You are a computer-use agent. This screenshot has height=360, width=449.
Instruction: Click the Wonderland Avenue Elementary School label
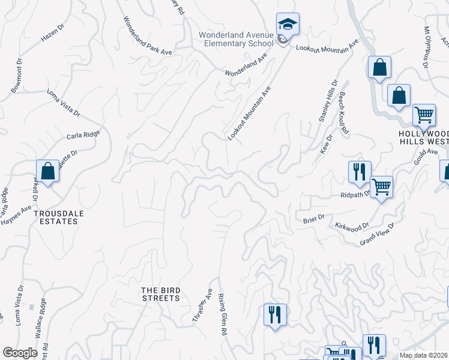pyautogui.click(x=237, y=39)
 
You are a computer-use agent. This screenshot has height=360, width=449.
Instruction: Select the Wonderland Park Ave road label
pyautogui.click(x=148, y=36)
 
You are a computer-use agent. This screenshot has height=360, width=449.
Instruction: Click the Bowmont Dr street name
pyautogui.click(x=16, y=76)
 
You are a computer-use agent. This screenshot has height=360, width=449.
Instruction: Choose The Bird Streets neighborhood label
pyautogui.click(x=160, y=294)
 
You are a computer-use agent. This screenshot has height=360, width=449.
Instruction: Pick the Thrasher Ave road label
pyautogui.click(x=202, y=306)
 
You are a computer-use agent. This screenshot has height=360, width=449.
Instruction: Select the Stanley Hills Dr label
pyautogui.click(x=328, y=102)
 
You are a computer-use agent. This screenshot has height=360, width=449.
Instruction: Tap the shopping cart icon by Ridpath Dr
pyautogui.click(x=381, y=187)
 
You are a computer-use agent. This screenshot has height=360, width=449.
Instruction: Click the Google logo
pyautogui.click(x=20, y=352)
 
